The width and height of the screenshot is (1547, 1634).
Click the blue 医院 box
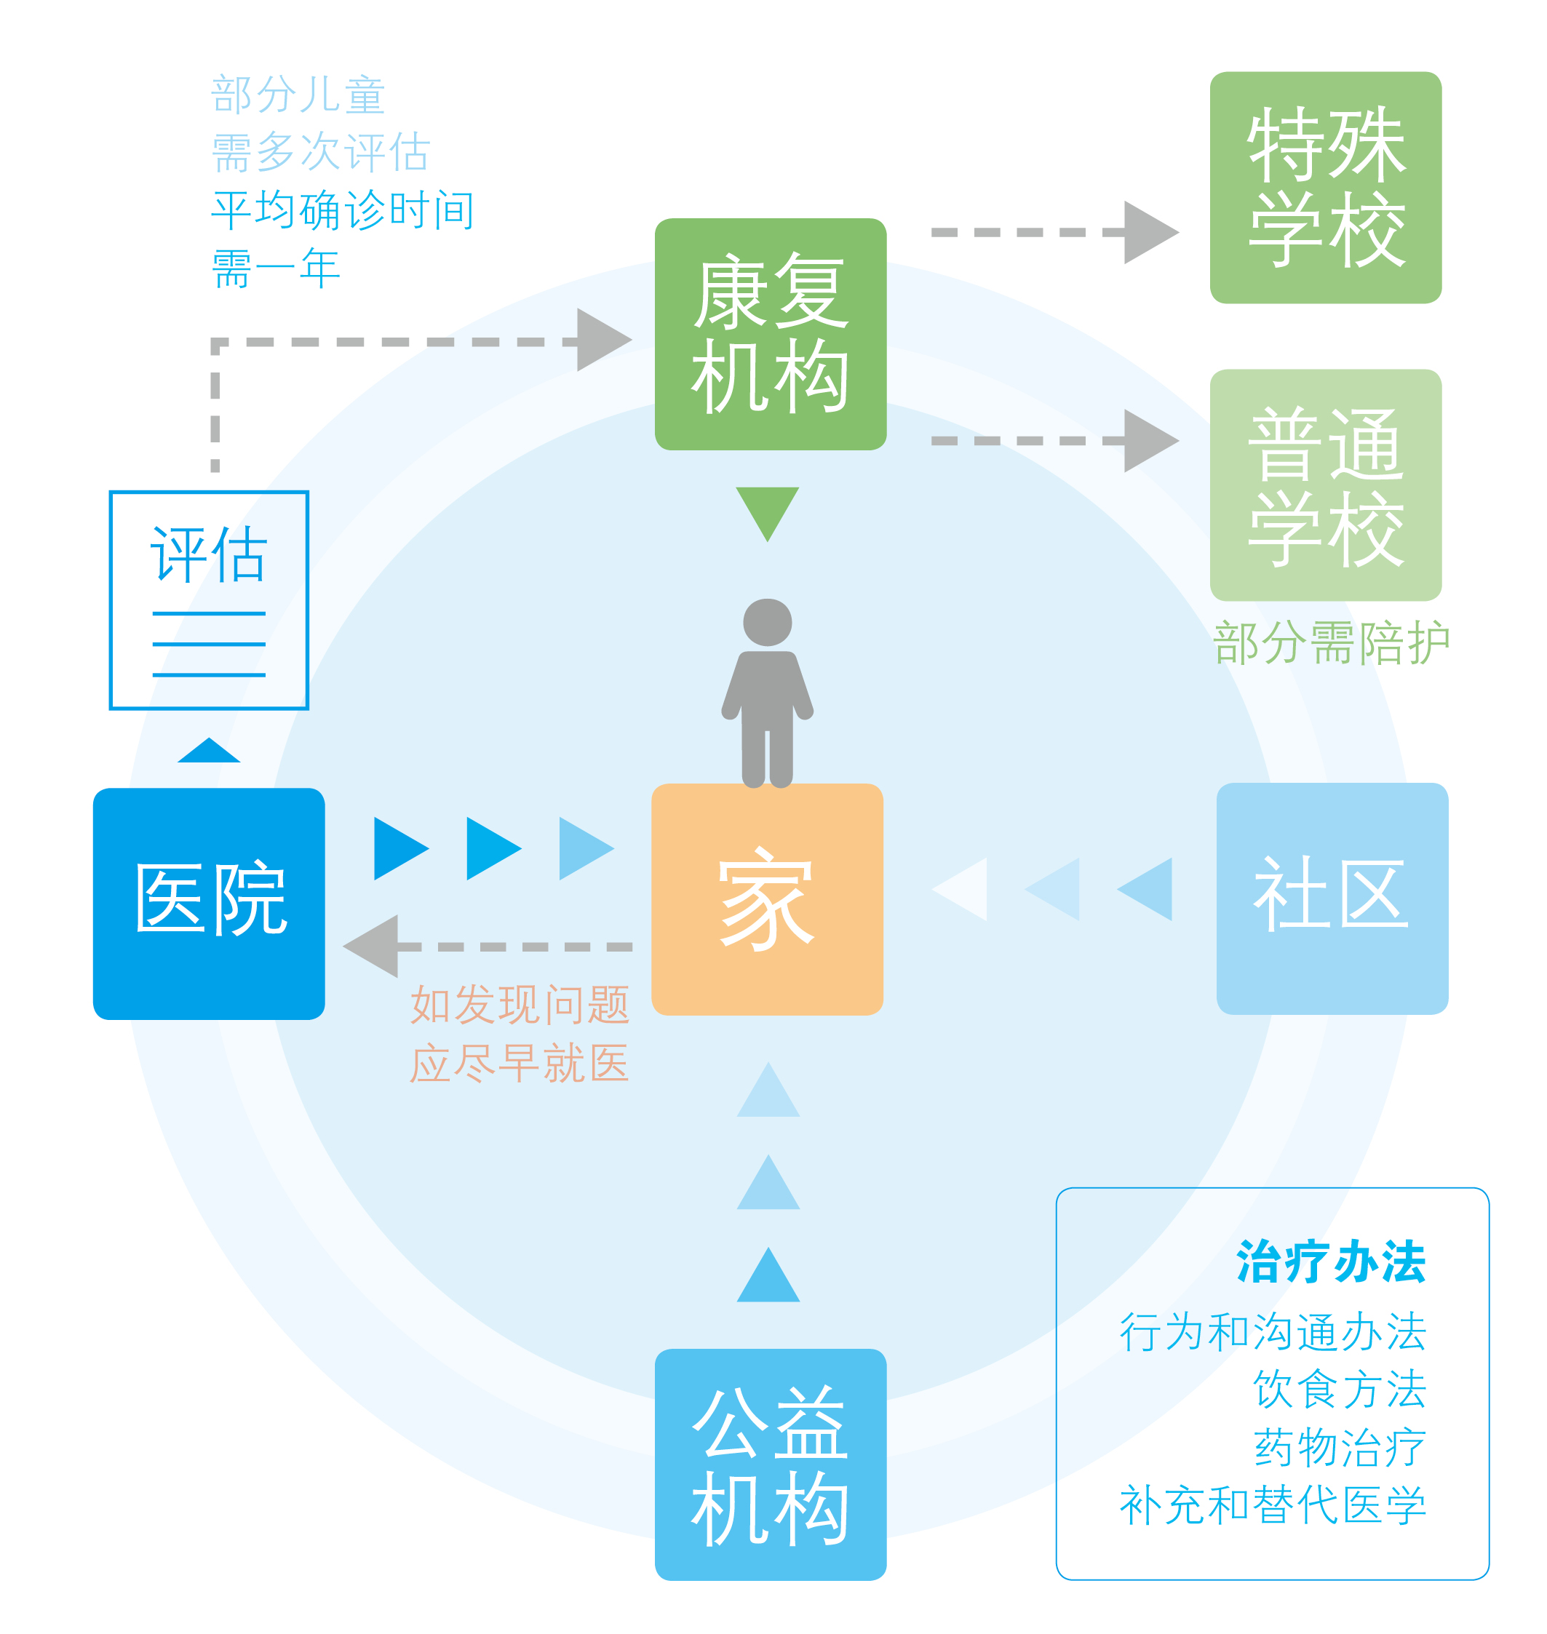(209, 904)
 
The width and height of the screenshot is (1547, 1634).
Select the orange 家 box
(767, 898)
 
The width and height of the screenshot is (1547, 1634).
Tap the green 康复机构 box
(770, 334)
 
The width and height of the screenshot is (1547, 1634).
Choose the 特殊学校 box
(1325, 187)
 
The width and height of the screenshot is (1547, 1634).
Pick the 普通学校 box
(1325, 485)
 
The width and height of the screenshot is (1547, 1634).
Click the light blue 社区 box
(1332, 898)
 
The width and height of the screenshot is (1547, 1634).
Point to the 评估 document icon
(209, 599)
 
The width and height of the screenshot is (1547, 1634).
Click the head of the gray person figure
(767, 623)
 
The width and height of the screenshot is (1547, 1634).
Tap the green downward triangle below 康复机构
(767, 509)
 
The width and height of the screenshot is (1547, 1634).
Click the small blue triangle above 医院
(209, 751)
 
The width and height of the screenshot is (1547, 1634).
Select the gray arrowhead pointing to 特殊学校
(1149, 233)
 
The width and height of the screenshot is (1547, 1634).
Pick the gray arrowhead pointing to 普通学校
(1149, 440)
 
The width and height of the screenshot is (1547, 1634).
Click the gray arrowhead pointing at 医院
(373, 946)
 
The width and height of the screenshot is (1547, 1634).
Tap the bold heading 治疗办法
(1330, 1262)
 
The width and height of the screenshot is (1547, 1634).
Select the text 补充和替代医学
(1273, 1505)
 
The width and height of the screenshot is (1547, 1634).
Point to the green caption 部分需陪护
(1331, 642)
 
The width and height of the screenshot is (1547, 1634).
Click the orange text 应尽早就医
(520, 1063)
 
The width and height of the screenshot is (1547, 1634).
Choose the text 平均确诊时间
(343, 210)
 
